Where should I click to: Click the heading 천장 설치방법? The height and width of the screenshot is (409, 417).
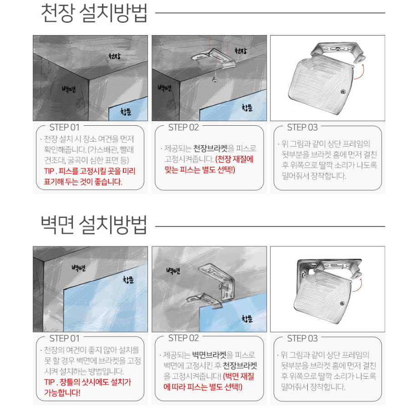(94, 13)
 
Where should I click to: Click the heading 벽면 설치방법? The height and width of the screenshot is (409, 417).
(94, 225)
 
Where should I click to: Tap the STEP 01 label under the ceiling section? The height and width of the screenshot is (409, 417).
(64, 128)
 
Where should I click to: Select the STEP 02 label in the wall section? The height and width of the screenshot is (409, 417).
(183, 338)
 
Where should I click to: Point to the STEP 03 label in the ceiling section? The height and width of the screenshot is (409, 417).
(302, 128)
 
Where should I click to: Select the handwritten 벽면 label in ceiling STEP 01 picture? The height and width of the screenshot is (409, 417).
(69, 89)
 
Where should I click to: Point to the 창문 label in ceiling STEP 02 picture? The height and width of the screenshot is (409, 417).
(247, 108)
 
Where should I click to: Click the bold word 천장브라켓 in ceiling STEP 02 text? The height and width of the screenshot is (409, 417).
(210, 148)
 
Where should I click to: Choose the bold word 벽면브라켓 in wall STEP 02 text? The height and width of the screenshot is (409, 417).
(209, 355)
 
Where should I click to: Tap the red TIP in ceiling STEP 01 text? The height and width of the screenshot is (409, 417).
(49, 171)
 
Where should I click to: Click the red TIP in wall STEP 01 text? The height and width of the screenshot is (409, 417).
(50, 382)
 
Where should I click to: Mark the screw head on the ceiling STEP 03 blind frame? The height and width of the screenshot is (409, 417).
(343, 92)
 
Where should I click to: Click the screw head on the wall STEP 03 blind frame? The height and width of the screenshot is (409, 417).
(342, 303)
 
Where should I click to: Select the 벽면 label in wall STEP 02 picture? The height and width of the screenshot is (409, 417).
(173, 271)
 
